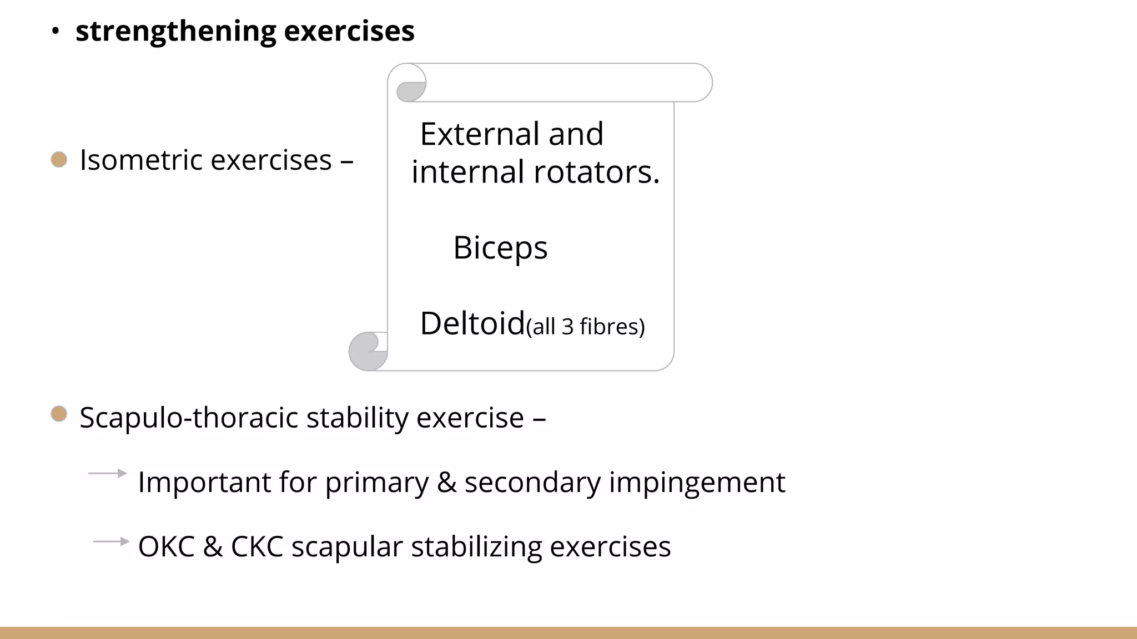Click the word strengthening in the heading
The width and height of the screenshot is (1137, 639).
click(x=175, y=32)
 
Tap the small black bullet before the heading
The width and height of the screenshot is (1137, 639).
click(x=55, y=32)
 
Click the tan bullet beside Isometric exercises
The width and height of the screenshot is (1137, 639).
click(x=59, y=160)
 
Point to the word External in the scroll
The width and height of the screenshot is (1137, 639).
click(x=480, y=134)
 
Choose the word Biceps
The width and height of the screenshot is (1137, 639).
click(x=500, y=247)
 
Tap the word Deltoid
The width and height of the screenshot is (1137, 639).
click(x=472, y=323)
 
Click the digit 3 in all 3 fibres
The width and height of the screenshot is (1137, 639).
click(x=567, y=327)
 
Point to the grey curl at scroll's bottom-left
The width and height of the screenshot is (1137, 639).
click(x=367, y=351)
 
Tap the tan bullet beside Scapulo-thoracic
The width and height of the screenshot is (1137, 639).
click(x=59, y=414)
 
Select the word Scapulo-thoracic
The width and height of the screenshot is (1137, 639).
click(x=189, y=418)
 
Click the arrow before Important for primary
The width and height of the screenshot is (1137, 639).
click(x=107, y=473)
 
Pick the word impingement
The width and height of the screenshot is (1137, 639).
click(x=697, y=482)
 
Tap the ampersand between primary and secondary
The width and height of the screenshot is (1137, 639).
click(x=446, y=482)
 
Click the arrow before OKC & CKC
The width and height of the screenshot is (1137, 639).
click(x=111, y=541)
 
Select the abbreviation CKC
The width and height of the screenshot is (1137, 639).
click(x=256, y=546)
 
